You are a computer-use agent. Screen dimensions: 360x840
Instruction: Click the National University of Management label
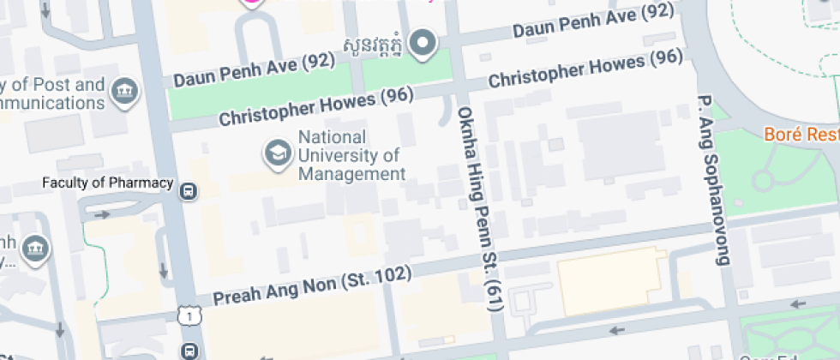click(x=350, y=156)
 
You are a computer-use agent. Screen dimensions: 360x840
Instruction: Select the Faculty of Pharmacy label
click(x=108, y=184)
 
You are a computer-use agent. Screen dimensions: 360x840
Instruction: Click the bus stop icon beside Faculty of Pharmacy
click(x=189, y=190)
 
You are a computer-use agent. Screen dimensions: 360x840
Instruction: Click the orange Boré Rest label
click(x=802, y=135)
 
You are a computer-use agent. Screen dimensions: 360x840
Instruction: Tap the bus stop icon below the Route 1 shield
click(x=189, y=351)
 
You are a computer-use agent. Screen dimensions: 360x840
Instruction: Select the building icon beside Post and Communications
click(x=125, y=90)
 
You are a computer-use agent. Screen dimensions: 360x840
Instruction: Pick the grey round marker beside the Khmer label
click(x=422, y=43)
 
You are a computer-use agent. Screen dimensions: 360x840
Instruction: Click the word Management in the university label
click(x=352, y=174)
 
